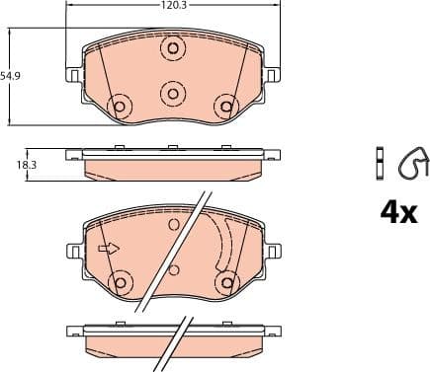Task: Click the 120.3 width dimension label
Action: (x=173, y=6)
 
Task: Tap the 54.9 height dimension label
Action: (x=11, y=76)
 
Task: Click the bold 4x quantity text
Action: (x=398, y=211)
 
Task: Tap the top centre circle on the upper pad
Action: (x=173, y=49)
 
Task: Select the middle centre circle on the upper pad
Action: (x=173, y=93)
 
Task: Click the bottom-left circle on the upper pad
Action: (x=121, y=105)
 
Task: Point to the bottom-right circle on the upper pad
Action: (x=226, y=105)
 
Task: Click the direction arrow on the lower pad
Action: (x=108, y=248)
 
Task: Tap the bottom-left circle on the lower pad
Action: (x=121, y=283)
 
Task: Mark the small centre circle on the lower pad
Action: (x=174, y=269)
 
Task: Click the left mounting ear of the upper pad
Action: (x=73, y=75)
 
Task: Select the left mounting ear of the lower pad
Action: (x=73, y=252)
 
